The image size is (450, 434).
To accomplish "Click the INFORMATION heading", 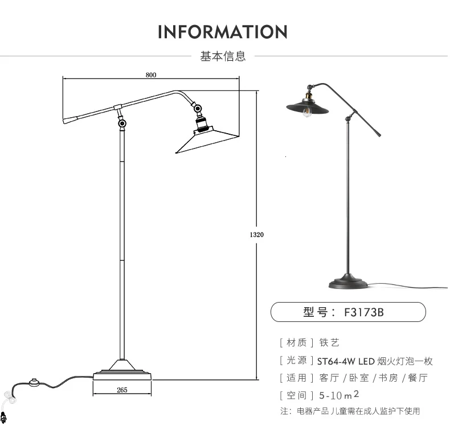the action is (x=223, y=31).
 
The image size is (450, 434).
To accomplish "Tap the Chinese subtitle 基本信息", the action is (x=223, y=56).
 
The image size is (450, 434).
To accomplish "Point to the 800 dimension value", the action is (x=151, y=75).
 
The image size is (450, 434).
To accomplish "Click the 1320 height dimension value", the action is (x=256, y=235).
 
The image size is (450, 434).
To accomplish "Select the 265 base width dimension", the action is (x=122, y=390).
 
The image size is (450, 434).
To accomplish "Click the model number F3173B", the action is (x=364, y=312).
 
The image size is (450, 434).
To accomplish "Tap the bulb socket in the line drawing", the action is (x=202, y=123).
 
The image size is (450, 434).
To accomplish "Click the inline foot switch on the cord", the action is (x=35, y=382).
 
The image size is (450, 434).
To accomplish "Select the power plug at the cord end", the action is (x=3, y=418).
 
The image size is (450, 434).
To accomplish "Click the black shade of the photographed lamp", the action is (x=308, y=106).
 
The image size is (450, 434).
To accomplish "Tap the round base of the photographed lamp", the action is (x=348, y=282).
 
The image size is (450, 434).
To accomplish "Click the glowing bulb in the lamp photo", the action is (x=308, y=112).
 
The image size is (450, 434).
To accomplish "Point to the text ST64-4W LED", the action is (x=346, y=361).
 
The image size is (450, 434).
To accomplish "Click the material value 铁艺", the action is (x=329, y=342).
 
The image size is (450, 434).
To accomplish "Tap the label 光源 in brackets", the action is (x=297, y=360).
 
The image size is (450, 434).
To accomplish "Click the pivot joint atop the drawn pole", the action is (x=122, y=123).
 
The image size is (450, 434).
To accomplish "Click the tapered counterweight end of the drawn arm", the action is (x=69, y=119).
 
